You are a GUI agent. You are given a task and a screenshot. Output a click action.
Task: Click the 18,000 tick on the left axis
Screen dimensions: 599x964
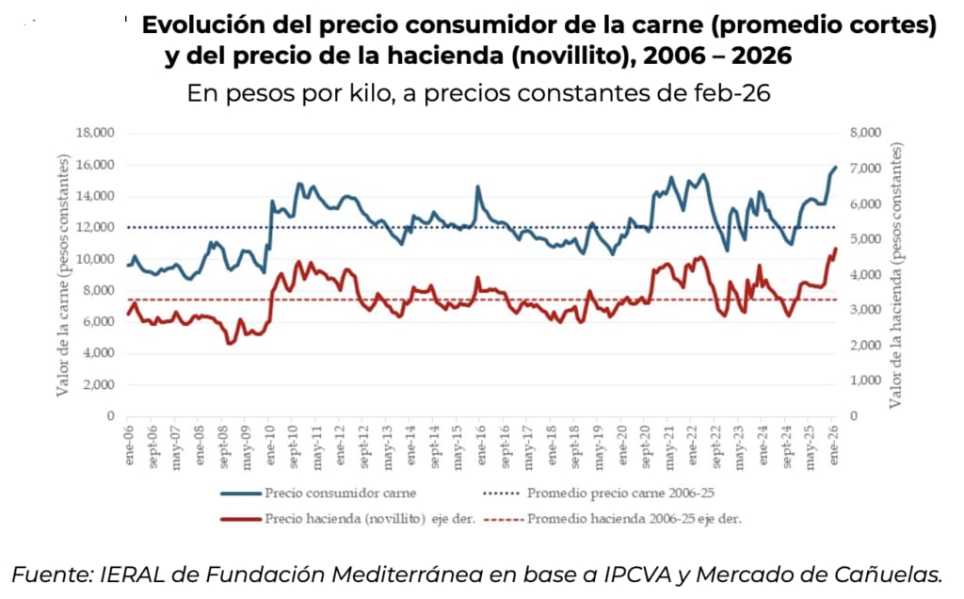click(94, 133)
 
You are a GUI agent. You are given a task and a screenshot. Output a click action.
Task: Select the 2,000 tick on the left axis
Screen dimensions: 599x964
click(98, 384)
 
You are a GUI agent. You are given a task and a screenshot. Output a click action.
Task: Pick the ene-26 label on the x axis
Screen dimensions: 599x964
click(834, 440)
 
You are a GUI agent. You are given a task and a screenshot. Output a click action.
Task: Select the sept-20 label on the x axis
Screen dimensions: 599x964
click(645, 443)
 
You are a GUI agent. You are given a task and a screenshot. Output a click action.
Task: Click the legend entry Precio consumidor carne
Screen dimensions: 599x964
click(341, 493)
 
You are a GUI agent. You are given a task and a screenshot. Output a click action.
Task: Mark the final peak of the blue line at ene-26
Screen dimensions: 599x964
click(835, 167)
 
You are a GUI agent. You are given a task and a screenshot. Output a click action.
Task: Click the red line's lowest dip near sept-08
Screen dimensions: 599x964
click(229, 343)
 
